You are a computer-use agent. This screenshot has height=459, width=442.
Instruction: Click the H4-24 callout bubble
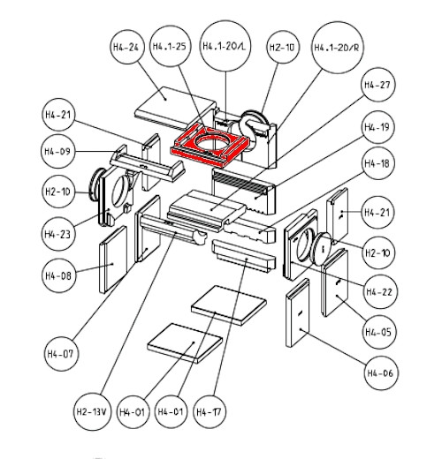coord(126,47)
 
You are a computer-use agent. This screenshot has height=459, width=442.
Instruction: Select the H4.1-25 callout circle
coord(170,47)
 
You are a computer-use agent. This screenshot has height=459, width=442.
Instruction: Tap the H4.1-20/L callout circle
coord(225,46)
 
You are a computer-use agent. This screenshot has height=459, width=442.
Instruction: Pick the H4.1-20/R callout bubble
coord(337,47)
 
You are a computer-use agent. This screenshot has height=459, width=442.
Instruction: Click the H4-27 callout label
coord(377,85)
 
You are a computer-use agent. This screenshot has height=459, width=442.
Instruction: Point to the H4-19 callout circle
coord(377,127)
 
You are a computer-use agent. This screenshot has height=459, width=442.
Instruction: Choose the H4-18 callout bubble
coord(377,163)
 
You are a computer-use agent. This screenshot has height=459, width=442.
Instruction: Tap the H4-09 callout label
coord(57,151)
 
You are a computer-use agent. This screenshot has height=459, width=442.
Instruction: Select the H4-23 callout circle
coord(57,234)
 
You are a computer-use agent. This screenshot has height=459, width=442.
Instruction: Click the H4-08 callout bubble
coord(58,275)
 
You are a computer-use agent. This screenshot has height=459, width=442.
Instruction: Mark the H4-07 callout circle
coord(60,353)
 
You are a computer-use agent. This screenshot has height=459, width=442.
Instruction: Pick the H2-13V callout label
coord(93,411)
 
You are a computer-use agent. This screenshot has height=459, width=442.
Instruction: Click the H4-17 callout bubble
coord(210,411)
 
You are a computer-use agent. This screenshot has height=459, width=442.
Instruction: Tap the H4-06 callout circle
coord(381,373)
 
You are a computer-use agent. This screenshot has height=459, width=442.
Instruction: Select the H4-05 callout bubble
coord(378,332)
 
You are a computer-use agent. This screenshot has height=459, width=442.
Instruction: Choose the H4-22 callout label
coord(379,291)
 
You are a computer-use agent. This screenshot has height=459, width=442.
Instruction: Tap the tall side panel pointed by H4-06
coord(298,312)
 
